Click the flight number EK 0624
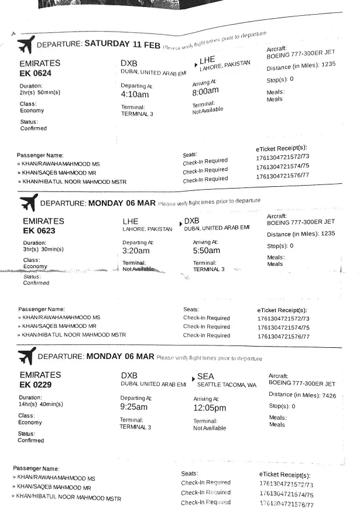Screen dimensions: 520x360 36,73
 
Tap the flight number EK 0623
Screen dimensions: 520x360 39,230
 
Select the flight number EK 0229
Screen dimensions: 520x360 35,385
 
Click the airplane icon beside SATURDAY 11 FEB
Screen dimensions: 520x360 26,45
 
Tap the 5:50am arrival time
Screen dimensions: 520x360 207,250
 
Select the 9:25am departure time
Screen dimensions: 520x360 133,406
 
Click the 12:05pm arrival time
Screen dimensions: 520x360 210,408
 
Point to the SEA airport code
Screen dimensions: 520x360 205,376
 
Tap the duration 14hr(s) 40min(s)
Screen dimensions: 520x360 41,404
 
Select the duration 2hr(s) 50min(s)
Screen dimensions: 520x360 40,93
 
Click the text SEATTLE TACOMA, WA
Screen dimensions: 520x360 227,385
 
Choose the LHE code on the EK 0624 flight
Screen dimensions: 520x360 208,60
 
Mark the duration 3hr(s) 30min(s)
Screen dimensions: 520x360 43,249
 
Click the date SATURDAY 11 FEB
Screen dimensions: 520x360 122,44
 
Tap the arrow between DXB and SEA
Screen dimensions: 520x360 193,379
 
